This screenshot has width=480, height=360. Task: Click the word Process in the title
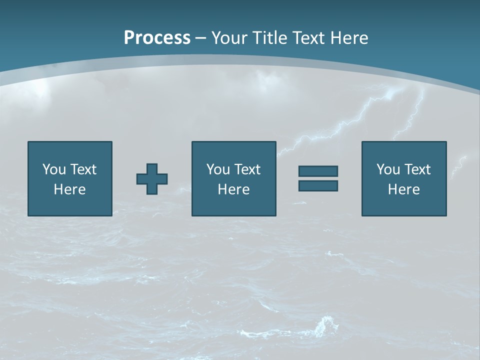(157, 38)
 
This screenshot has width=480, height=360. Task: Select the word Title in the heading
(267, 38)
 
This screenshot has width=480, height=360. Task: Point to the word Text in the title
(309, 38)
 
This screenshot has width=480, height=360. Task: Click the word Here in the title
(350, 38)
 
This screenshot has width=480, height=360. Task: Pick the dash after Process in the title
(201, 38)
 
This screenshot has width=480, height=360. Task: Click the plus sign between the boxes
(152, 179)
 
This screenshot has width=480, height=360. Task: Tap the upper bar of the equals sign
(318, 171)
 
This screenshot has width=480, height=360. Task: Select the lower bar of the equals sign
(318, 185)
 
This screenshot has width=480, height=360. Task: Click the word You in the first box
(54, 169)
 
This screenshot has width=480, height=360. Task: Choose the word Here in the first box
(69, 189)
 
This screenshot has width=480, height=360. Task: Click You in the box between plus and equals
(218, 169)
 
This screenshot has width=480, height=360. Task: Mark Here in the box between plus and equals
(233, 189)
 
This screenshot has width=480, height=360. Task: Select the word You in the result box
(388, 169)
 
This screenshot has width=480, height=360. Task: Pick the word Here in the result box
(403, 189)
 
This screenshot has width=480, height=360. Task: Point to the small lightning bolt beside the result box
(459, 166)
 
